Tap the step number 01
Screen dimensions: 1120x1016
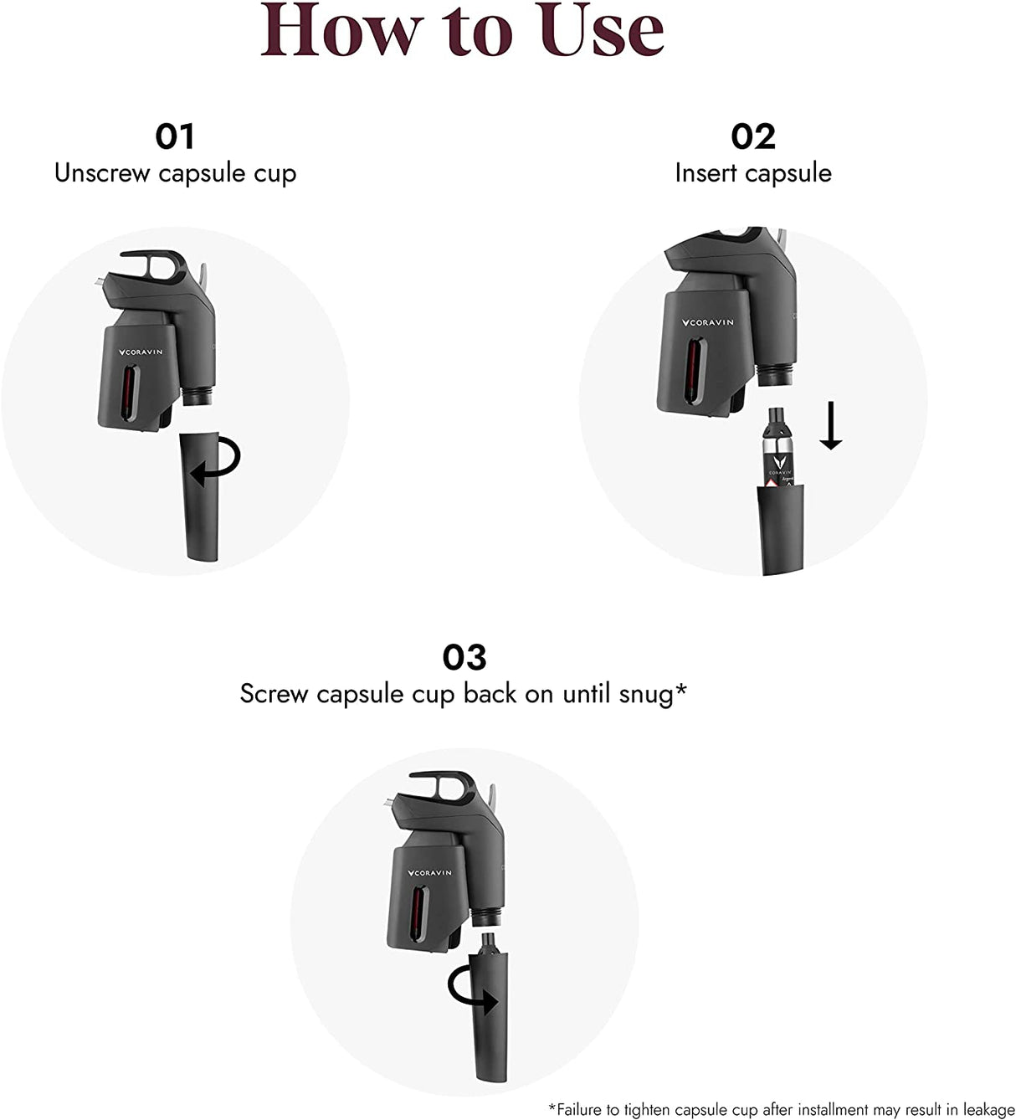pyautogui.click(x=175, y=136)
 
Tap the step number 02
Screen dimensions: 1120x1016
pyautogui.click(x=753, y=136)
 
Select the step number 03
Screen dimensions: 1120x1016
pyautogui.click(x=464, y=657)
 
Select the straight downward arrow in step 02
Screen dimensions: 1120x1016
pyautogui.click(x=830, y=426)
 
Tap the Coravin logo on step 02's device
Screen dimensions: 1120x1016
pyautogui.click(x=708, y=322)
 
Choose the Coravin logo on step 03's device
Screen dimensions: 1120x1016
pyautogui.click(x=430, y=873)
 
